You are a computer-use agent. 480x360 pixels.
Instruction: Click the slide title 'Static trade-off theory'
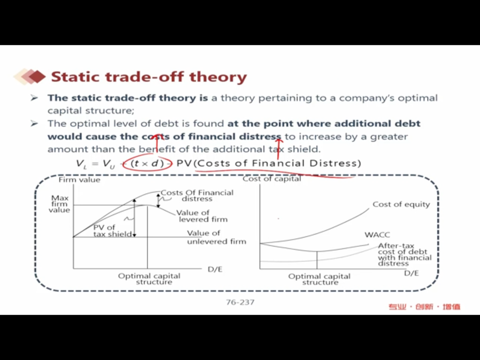149,76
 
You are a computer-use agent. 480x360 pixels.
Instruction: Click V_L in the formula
82,164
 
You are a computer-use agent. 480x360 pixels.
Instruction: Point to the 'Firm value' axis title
79,180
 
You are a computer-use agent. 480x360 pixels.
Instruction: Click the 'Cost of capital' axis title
272,179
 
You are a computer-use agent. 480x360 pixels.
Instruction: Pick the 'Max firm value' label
60,204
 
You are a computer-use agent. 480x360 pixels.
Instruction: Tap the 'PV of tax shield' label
112,231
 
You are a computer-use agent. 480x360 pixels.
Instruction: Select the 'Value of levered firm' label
202,216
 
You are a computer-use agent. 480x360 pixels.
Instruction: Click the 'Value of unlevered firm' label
217,237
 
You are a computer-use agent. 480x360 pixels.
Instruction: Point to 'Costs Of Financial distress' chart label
197,195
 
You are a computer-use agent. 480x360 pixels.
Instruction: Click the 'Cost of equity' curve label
401,204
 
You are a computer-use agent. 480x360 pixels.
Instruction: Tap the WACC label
377,235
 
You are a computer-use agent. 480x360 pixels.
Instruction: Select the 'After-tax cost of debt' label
405,255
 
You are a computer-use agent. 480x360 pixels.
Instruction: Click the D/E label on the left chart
215,270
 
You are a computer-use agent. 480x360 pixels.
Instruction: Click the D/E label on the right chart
412,273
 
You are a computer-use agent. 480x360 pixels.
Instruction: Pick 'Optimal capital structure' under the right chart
319,279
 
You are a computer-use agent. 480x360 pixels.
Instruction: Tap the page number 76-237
240,302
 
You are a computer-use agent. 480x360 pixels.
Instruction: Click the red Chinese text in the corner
425,307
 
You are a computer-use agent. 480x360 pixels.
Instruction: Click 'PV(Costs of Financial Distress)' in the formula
269,164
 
